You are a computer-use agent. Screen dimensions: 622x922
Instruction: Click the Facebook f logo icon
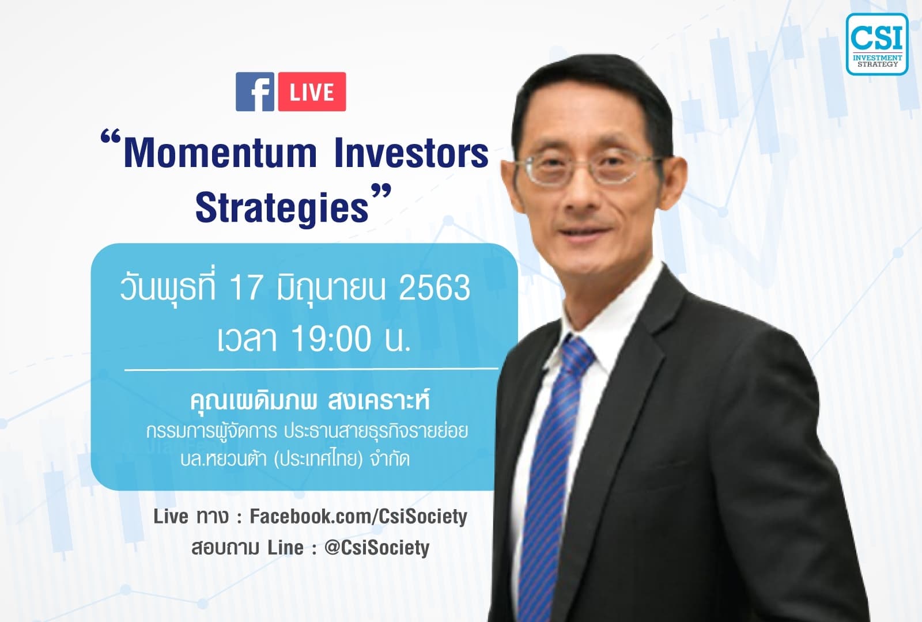pos(255,92)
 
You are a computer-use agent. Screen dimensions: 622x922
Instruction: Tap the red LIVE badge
pos(312,92)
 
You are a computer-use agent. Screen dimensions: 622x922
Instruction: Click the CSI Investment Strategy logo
pos(876,45)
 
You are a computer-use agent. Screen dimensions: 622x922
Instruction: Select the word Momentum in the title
pos(220,154)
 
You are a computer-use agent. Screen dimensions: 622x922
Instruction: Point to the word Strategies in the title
pos(282,208)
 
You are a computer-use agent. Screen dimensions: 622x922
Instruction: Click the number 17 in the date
pos(246,288)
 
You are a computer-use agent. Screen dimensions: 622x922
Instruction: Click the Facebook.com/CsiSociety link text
pos(358,517)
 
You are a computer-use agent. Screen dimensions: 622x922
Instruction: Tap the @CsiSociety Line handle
pos(377,548)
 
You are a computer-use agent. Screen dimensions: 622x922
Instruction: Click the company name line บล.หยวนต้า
pos(294,460)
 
